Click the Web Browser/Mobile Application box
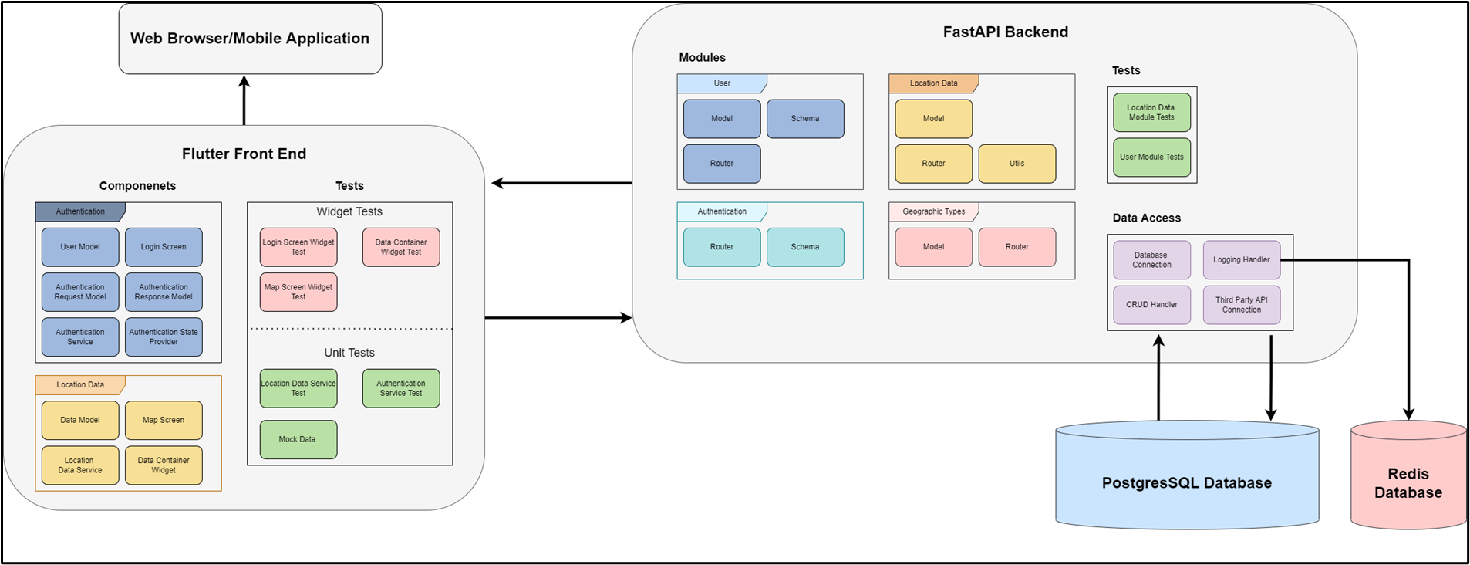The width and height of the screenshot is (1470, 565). tap(250, 39)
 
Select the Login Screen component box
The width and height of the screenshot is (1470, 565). tap(164, 247)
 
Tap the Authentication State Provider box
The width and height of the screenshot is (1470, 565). tap(164, 337)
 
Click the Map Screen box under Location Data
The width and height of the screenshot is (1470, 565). tap(164, 420)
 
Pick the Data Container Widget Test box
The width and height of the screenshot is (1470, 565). tap(401, 247)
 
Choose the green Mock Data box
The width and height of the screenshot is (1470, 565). tap(298, 439)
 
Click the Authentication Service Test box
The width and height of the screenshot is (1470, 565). tap(401, 388)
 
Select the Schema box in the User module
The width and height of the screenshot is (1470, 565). tap(805, 119)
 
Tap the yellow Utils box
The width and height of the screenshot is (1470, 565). tap(1017, 164)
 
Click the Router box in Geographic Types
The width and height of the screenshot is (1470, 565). tap(1017, 247)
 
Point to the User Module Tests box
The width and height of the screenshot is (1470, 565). tap(1151, 157)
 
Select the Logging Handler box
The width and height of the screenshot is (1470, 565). tap(1241, 260)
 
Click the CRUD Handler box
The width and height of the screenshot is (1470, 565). tap(1151, 305)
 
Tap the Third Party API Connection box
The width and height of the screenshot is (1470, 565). tap(1241, 305)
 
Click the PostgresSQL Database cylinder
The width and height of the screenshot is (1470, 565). tap(1186, 482)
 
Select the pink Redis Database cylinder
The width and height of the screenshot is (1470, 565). tap(1408, 482)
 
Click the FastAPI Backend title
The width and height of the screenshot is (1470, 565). tap(1005, 32)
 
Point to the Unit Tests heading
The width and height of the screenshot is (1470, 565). tap(349, 353)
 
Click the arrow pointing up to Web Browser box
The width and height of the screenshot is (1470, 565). tap(244, 100)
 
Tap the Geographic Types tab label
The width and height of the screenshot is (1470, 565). tap(933, 211)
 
